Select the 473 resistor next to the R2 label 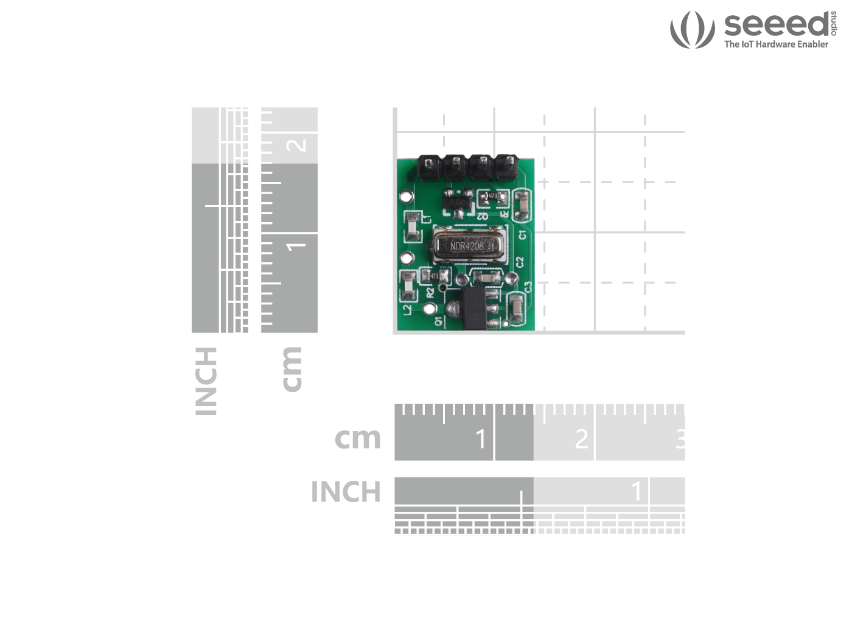(x=431, y=276)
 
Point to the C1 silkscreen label (x=522, y=234)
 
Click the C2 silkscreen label (x=520, y=262)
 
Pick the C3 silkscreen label (x=528, y=286)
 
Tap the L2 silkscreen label (x=407, y=309)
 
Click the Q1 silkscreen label (x=438, y=321)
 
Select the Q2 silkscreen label (x=482, y=216)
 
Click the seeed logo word (x=776, y=24)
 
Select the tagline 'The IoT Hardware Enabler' (x=776, y=44)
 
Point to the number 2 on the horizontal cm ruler (x=581, y=439)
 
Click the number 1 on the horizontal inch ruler (x=637, y=491)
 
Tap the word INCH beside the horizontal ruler (x=346, y=492)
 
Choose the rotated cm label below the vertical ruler (x=292, y=369)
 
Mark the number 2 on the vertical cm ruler (x=296, y=145)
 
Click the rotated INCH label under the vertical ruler (x=206, y=382)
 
